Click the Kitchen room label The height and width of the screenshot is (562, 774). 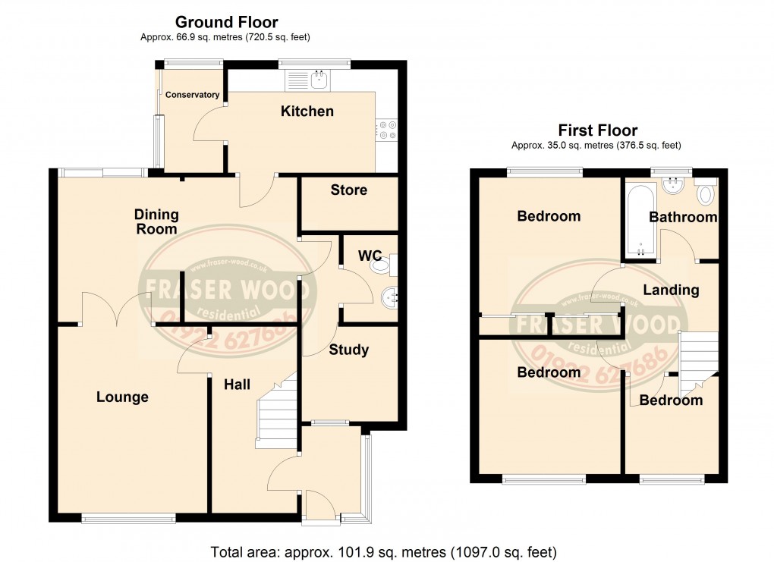pos(307,111)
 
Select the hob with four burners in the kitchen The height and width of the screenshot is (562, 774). pos(387,130)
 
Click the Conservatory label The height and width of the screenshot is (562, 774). pos(193,95)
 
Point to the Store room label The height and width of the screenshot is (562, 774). pos(348,190)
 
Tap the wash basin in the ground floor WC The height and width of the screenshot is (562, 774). pos(390,297)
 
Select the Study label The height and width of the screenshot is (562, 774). pos(348,350)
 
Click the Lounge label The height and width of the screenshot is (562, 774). pos(122,397)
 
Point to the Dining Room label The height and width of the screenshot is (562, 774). pos(156,221)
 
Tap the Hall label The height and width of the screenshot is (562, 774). pos(237,385)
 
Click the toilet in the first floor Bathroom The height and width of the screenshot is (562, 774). pos(706,193)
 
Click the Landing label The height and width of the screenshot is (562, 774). pos(671,290)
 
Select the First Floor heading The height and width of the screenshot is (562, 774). pos(597,130)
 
